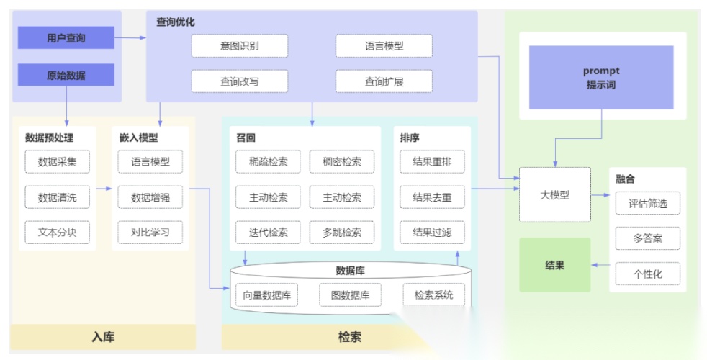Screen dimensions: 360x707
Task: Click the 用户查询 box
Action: pos(66,37)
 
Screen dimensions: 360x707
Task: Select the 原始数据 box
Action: pos(66,75)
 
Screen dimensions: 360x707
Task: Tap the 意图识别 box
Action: pos(239,46)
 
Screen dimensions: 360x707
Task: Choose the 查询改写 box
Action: pos(239,81)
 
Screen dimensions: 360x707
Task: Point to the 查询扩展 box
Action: pos(384,81)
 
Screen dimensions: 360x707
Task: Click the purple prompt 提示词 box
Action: pos(601,78)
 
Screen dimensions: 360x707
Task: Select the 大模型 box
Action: pos(554,194)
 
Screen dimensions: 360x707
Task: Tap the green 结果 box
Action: pos(554,265)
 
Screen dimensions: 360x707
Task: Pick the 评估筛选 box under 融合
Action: pos(647,203)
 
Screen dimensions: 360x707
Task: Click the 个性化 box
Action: pos(647,274)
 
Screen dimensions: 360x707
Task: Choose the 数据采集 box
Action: pos(57,162)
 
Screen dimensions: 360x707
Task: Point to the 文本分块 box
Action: pos(57,233)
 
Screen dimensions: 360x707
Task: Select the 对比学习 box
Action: pos(150,233)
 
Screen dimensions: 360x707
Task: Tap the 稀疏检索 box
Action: pos(268,162)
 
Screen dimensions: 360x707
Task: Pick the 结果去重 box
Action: pos(432,197)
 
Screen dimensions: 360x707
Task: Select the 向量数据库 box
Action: pos(266,294)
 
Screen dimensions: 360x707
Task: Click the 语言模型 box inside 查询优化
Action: pos(384,46)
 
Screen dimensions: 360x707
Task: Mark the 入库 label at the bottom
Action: pos(103,336)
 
